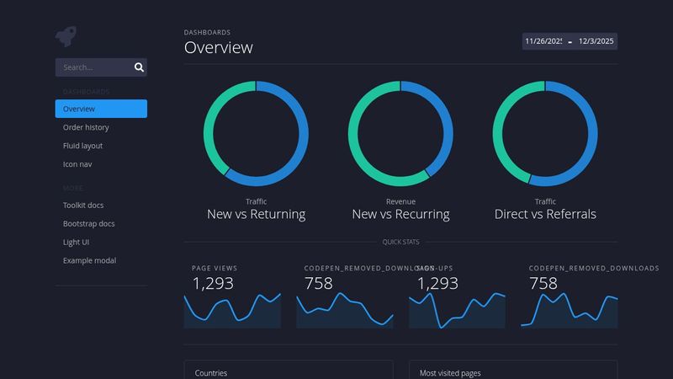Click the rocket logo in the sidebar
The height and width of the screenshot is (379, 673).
66,35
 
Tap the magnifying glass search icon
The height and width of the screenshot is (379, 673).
140,67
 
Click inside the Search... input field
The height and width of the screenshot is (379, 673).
93,67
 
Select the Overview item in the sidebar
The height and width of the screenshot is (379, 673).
101,109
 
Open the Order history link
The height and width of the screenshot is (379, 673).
86,127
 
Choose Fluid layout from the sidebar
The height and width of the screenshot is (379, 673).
82,146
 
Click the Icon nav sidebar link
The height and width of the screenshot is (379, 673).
77,164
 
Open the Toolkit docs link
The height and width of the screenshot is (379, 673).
83,206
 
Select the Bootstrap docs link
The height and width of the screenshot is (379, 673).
88,224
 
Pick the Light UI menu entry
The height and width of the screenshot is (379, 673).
77,243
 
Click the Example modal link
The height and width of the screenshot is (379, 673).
89,261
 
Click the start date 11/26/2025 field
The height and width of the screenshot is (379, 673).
543,41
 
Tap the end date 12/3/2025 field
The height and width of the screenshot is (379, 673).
596,41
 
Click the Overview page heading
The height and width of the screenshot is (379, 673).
219,48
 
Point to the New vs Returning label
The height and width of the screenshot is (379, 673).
256,214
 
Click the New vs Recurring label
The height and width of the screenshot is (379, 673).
400,214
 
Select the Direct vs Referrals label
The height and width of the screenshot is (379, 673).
545,214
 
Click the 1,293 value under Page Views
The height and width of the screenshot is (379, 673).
213,283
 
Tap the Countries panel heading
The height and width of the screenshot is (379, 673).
211,372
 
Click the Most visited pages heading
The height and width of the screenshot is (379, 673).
450,372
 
